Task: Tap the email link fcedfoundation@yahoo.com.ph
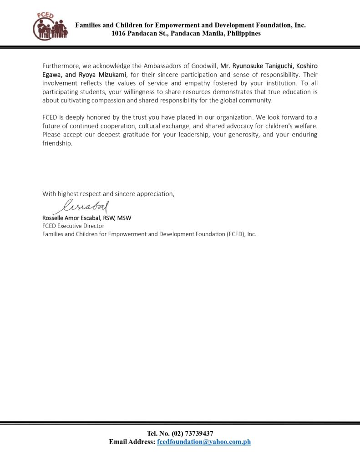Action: (x=204, y=442)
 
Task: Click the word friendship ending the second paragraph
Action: (x=57, y=144)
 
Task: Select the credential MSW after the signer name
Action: (x=124, y=218)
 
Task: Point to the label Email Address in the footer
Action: (x=132, y=442)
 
